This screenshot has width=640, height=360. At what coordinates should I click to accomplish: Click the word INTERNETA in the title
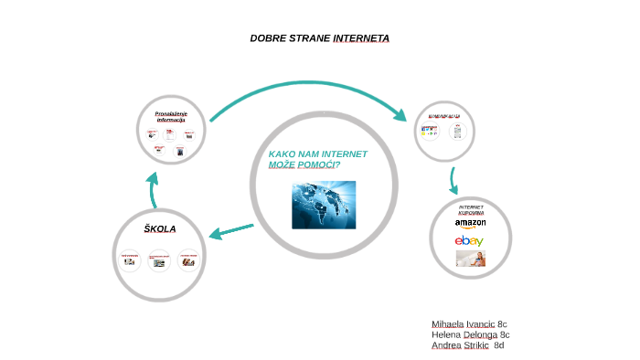362,38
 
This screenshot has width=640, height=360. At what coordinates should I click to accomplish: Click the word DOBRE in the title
267,38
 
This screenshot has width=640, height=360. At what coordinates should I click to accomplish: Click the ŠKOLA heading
159,228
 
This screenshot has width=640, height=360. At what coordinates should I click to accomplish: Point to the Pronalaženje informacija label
171,116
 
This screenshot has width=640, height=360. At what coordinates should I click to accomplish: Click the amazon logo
470,223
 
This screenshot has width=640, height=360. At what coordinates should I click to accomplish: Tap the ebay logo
469,240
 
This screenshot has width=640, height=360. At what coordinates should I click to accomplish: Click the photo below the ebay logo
471,259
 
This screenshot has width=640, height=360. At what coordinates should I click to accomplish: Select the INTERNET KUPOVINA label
471,209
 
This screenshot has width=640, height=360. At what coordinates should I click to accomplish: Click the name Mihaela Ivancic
463,324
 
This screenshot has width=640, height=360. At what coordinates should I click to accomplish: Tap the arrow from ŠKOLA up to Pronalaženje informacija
155,191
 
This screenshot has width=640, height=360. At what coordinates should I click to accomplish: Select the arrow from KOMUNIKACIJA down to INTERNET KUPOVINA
453,180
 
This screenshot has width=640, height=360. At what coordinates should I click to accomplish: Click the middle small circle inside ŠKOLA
160,261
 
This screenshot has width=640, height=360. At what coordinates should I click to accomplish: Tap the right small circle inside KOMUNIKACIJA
458,131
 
